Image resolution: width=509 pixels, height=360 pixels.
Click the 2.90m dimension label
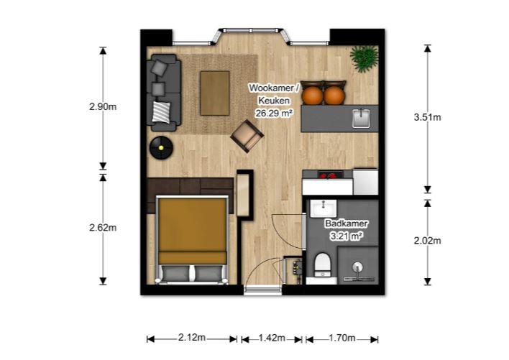click(x=103, y=106)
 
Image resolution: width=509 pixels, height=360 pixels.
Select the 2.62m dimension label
click(x=103, y=228)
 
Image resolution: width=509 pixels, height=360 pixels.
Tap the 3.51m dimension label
click(x=428, y=117)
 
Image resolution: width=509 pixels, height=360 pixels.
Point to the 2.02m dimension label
click(x=428, y=241)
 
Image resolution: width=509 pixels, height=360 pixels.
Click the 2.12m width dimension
click(x=192, y=338)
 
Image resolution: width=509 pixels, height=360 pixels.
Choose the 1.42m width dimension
click(x=272, y=338)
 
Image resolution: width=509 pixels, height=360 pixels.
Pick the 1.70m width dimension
click(x=342, y=338)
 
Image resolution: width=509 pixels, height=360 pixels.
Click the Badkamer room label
click(x=347, y=223)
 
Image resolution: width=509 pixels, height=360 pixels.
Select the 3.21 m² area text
click(x=347, y=236)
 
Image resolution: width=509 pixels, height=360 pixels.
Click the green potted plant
click(x=364, y=58)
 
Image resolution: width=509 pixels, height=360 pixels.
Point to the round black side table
click(x=161, y=148)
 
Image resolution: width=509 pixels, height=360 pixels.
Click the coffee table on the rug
click(x=215, y=93)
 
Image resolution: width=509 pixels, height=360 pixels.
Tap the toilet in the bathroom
click(x=323, y=265)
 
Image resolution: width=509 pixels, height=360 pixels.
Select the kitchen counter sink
click(x=362, y=119)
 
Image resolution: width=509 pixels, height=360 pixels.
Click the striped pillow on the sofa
click(x=161, y=112)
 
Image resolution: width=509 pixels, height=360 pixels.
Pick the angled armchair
click(x=247, y=137)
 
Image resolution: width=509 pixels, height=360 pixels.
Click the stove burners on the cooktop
click(x=328, y=175)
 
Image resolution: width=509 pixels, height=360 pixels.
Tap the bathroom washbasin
click(x=324, y=208)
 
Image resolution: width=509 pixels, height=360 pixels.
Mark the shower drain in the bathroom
click(x=357, y=267)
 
